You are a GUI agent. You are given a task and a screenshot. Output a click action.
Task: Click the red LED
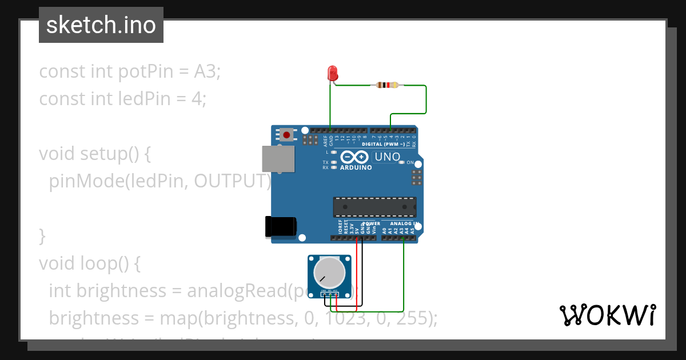point(333,73)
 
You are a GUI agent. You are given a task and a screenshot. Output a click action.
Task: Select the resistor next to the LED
point(388,85)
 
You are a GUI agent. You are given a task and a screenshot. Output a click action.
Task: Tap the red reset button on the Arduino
point(286,135)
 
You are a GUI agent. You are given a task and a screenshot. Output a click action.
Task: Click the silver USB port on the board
point(278,159)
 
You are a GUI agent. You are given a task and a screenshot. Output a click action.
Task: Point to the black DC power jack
point(281,226)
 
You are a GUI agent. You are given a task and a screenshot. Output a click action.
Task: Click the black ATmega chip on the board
point(374,207)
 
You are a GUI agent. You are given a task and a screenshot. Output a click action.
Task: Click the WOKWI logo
point(607,315)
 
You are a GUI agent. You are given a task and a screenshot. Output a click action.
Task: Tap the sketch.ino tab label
point(101,25)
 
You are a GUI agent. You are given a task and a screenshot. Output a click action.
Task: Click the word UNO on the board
point(387,157)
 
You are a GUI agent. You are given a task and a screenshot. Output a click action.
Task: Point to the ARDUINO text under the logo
point(356,168)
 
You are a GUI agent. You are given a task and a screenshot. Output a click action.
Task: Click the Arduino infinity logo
point(355,157)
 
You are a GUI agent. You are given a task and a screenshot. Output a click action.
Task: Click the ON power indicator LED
point(402,163)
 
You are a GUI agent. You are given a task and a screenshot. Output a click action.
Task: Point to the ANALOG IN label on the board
point(405,223)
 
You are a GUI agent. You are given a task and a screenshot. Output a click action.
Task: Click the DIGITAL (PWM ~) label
point(388,145)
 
